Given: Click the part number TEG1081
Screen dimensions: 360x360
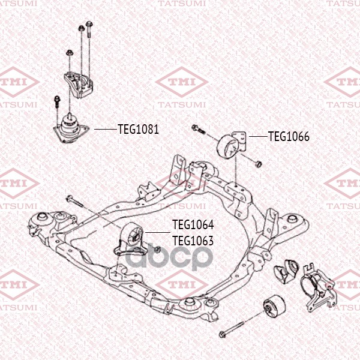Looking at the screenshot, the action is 138,129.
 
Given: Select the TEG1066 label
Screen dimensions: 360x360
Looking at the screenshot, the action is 289,137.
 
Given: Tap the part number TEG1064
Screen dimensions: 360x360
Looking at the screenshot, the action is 193,225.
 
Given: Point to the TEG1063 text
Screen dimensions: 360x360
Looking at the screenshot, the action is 193,241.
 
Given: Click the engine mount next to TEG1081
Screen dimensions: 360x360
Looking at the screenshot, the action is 70,128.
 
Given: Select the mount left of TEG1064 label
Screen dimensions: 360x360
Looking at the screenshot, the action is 130,239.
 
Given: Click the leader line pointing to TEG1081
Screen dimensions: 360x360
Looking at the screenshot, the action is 106,129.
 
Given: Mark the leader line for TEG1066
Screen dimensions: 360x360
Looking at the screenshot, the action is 258,136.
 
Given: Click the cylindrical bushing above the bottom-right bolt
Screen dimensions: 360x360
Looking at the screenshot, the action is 274,306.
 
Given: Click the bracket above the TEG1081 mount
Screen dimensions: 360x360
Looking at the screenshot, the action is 78,84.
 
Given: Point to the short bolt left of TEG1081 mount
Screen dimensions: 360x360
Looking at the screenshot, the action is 56,103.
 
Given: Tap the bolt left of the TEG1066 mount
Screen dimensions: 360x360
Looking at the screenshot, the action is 199,129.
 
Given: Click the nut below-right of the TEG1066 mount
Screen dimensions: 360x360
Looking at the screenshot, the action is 259,164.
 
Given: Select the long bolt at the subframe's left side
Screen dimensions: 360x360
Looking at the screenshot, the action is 76,202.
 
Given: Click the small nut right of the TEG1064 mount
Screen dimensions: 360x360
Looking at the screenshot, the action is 157,250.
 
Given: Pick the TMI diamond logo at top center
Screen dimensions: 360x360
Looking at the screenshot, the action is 181,82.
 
